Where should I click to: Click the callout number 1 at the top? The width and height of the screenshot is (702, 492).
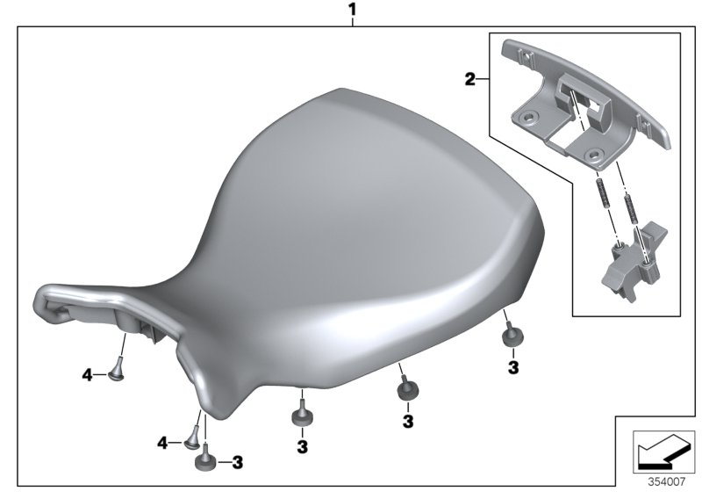pyautogui.click(x=353, y=10)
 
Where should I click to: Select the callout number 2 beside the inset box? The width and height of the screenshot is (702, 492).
pyautogui.click(x=469, y=80)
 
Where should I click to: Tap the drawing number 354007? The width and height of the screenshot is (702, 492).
pyautogui.click(x=667, y=481)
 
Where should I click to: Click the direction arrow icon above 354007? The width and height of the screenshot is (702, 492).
pyautogui.click(x=663, y=452)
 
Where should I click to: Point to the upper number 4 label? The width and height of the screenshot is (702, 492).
pyautogui.click(x=87, y=374)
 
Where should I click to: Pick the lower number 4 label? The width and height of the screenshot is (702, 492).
pyautogui.click(x=162, y=444)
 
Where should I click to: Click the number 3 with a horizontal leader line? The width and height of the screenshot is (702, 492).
pyautogui.click(x=237, y=462)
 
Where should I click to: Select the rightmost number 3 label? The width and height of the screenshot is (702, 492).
pyautogui.click(x=513, y=367)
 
